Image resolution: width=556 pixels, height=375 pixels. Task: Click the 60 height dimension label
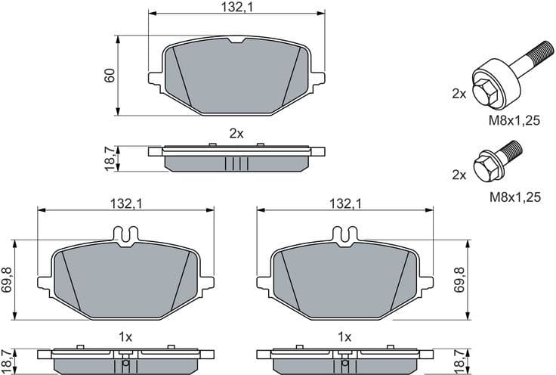coord(110,76)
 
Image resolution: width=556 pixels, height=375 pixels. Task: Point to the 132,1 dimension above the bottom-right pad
coord(343,203)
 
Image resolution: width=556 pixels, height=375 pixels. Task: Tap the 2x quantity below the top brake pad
coord(236,133)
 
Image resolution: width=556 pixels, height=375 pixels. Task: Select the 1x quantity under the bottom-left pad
coord(125,336)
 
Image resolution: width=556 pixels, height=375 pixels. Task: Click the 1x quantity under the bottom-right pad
coord(344,336)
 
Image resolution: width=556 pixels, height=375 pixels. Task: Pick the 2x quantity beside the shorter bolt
coord(459,174)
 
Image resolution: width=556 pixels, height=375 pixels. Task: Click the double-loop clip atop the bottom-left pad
coord(125,235)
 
